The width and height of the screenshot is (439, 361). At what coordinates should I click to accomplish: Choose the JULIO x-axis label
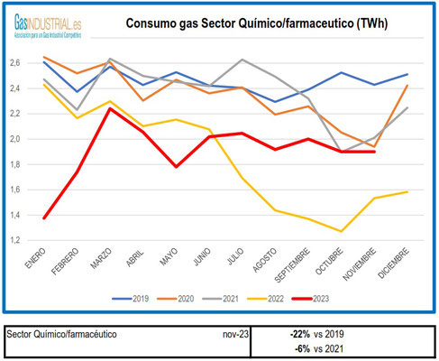coord(238,262)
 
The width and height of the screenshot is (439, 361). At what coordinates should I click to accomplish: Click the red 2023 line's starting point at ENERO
coord(45,218)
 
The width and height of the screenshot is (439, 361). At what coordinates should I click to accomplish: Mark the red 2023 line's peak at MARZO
coord(111,108)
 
